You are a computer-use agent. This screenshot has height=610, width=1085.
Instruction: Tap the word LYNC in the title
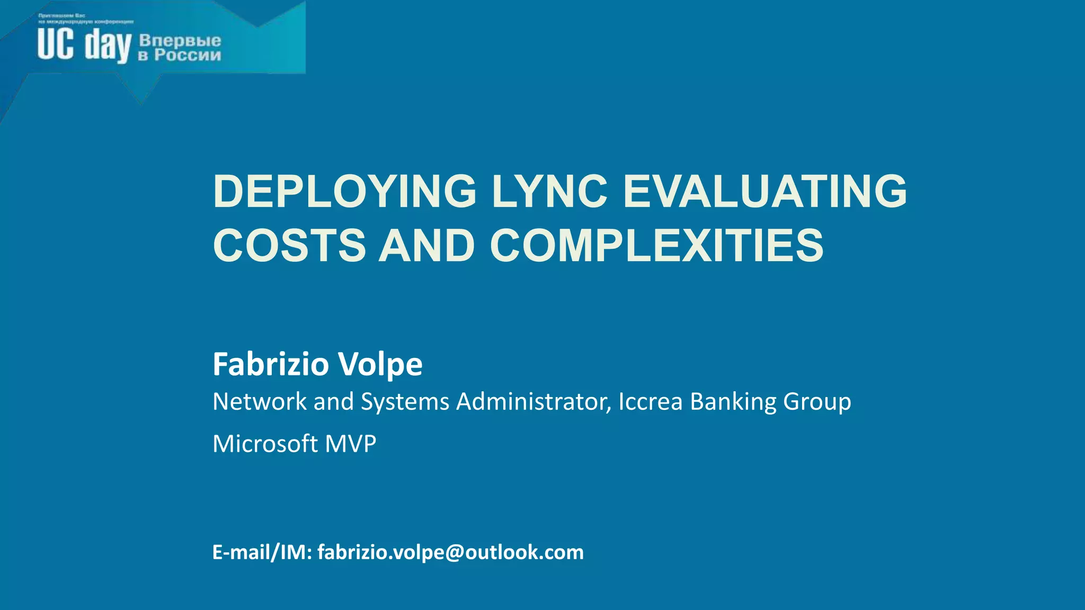(549, 191)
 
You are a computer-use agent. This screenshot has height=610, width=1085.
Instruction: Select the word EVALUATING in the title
(764, 191)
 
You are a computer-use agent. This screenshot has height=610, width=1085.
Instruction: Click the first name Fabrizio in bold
(271, 364)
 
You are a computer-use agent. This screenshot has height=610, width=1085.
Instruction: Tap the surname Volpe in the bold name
(380, 364)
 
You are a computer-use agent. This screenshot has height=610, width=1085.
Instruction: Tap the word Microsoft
(265, 444)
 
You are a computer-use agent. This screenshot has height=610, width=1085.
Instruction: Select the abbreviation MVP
(350, 444)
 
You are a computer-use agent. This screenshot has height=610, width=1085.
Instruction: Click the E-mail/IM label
(262, 552)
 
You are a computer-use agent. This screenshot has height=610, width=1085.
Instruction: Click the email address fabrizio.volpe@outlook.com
(450, 552)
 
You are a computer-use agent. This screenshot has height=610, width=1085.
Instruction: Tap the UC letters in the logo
(56, 44)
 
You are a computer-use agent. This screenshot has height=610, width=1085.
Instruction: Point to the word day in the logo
(108, 47)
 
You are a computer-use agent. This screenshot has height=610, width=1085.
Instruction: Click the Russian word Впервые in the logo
(180, 40)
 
